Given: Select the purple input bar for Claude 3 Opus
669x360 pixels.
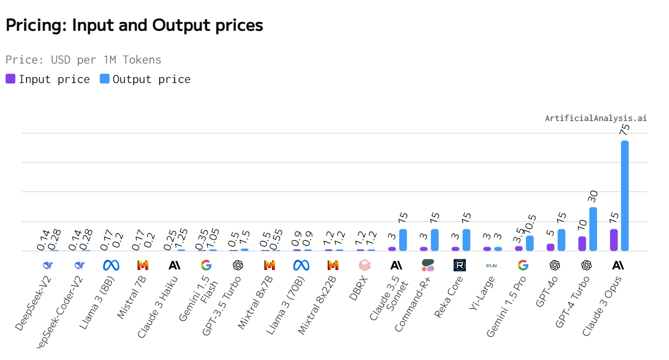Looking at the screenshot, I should [614, 240].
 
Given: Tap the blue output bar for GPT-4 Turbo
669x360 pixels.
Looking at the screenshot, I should [593, 229].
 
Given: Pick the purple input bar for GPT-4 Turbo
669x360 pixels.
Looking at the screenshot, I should [582, 244].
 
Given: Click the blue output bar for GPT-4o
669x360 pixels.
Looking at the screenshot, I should [561, 240].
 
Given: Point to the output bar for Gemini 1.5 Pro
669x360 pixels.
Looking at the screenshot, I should [530, 243].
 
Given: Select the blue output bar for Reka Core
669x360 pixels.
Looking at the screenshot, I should [466, 240].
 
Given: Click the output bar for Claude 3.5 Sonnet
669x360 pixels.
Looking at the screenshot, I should [403, 240].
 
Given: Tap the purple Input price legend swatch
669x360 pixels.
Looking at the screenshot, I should [11, 79].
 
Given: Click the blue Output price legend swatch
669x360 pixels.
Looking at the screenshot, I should [105, 79].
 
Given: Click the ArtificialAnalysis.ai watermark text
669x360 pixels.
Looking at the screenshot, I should [596, 118].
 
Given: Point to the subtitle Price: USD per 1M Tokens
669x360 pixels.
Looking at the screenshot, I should [84, 60].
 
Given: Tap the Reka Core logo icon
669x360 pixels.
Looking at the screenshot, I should [460, 265].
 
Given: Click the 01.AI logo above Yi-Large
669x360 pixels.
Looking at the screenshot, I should [491, 265].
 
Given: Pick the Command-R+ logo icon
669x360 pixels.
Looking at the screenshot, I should [428, 265].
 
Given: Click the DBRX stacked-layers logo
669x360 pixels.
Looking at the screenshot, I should [364, 265].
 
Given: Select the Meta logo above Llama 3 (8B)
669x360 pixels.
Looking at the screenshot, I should [111, 265].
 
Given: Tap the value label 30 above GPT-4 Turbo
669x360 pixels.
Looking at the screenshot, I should [593, 196].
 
